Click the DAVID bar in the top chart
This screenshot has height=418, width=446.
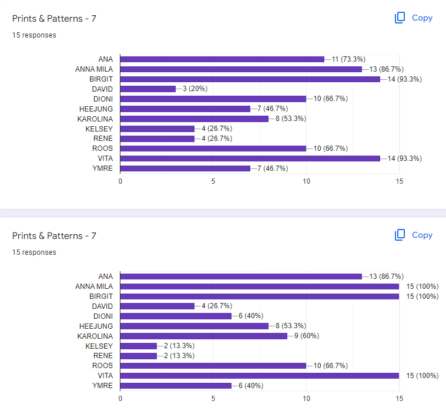pos(148,89)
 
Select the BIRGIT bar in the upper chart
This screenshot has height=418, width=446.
pos(250,79)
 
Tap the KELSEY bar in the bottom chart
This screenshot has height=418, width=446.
pos(139,346)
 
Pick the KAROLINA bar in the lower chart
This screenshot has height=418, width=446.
pos(204,336)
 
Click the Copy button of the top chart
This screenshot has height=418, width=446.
pos(414,18)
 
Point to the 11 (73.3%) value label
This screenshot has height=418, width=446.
pos(348,59)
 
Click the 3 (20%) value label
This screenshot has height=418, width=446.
pos(195,89)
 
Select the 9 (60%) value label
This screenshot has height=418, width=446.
pos(307,336)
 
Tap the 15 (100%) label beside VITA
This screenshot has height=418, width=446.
pos(422,375)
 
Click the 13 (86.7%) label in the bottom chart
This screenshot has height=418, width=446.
pos(386,276)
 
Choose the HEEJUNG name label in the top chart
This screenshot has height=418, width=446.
pos(96,109)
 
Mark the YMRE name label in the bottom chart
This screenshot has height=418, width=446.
pos(102,385)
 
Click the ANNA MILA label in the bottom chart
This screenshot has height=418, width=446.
pos(94,286)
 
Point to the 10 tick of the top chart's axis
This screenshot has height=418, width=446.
pos(306,181)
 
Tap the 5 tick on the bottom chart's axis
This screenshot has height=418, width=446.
pos(213,399)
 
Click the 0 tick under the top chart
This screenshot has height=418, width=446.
pos(120,181)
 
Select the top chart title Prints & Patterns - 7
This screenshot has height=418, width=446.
pos(54,18)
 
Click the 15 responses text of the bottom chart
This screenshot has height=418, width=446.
pos(34,252)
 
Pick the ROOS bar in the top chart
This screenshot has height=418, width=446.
pos(213,149)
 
